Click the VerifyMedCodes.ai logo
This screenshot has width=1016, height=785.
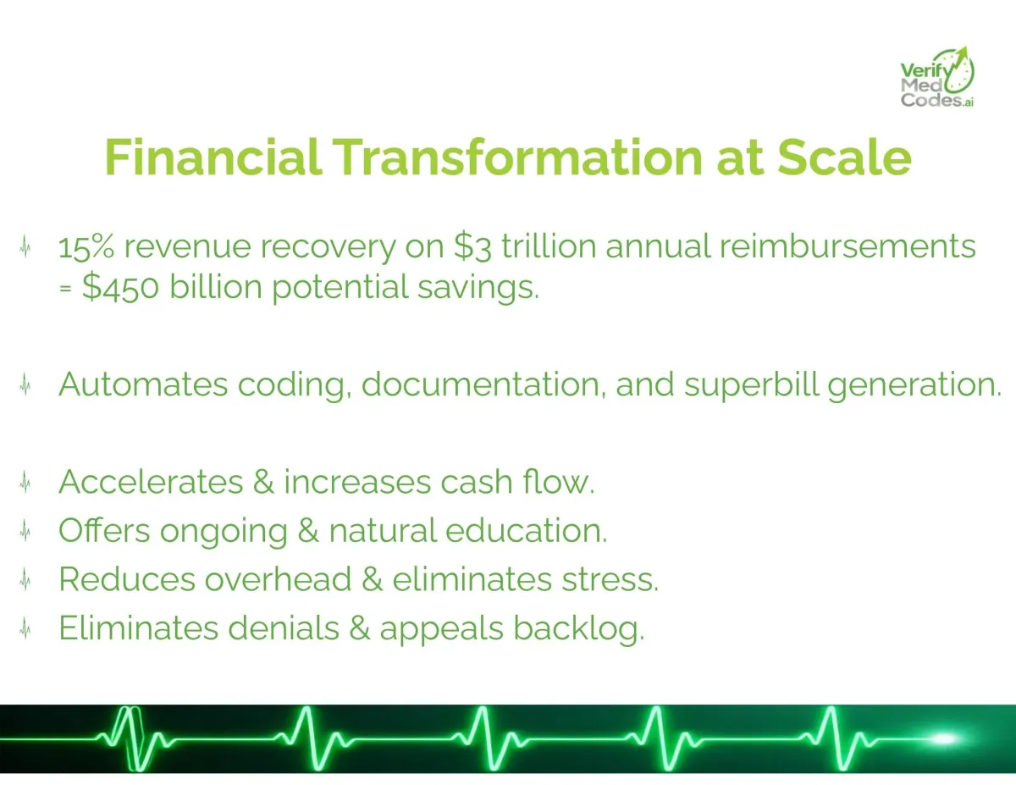click(x=937, y=77)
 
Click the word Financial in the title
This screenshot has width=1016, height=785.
click(x=213, y=158)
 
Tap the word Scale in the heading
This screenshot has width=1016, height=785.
click(x=844, y=158)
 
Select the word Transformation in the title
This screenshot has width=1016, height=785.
click(x=518, y=158)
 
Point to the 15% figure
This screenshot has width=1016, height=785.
click(x=86, y=246)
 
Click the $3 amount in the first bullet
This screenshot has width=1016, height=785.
click(x=472, y=246)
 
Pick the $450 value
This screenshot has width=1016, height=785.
click(x=120, y=286)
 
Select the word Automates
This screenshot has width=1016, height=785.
click(x=143, y=384)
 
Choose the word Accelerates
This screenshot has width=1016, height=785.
click(x=151, y=482)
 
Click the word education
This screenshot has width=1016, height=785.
click(x=526, y=531)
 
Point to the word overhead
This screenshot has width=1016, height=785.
click(x=278, y=579)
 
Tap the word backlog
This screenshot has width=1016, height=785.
click(x=579, y=627)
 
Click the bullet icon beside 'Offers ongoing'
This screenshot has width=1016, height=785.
click(x=25, y=531)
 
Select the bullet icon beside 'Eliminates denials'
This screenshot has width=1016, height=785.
click(x=25, y=628)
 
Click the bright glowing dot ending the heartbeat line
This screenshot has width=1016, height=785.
click(x=943, y=738)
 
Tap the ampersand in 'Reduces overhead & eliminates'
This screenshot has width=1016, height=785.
click(x=372, y=579)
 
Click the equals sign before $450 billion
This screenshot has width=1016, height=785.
click(x=65, y=288)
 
